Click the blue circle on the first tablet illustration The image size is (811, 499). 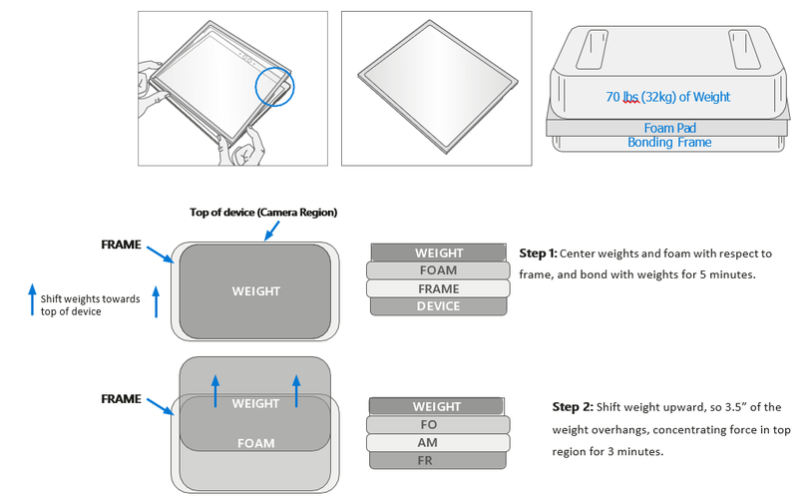275,87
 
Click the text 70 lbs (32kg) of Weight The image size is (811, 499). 667,97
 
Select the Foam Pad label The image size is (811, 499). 667,128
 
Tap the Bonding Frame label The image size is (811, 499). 667,143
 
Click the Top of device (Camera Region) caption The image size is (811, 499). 263,213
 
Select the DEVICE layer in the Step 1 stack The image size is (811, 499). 438,306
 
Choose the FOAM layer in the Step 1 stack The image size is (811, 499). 438,270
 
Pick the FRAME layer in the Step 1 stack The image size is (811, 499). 438,288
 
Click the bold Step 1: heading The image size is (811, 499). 543,253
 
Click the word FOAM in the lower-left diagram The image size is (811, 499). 255,443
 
